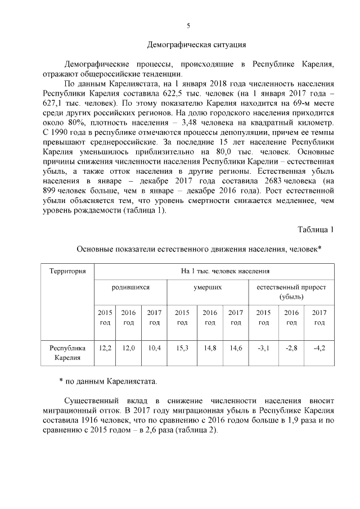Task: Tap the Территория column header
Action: pos(67,271)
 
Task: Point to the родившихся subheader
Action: pos(130,287)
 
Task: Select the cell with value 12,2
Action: pos(105,348)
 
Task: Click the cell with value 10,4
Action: pos(155,348)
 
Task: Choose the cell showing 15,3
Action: pos(182,348)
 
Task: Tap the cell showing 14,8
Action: pos(210,348)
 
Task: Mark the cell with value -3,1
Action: pos(263,348)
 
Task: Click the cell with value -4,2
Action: pos(319,348)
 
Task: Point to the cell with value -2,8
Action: pos(291,348)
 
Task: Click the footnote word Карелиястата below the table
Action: pos(131,381)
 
